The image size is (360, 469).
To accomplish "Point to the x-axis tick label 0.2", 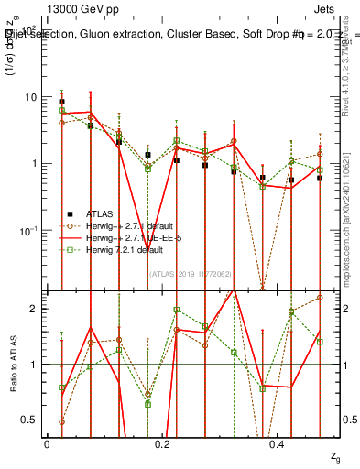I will click(x=162, y=444).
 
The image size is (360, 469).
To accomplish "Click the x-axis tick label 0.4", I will click(x=278, y=444).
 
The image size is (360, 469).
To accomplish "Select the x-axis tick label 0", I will click(x=47, y=444).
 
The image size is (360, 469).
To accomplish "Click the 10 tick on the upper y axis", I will click(x=30, y=97).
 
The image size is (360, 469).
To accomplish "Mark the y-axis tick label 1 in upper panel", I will click(x=34, y=164).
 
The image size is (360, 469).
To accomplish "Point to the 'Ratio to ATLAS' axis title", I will click(x=13, y=363).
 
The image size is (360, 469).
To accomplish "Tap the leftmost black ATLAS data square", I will click(x=61, y=103).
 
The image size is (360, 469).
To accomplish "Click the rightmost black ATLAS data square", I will click(x=320, y=178).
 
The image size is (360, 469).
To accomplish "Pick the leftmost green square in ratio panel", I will click(x=61, y=387).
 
